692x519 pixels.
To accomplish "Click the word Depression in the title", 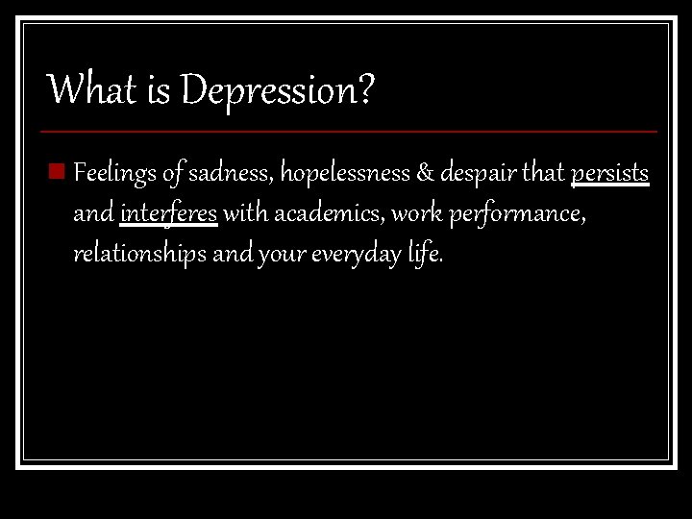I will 268,92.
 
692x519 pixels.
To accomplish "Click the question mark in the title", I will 365,90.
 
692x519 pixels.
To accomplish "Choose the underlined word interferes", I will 169,214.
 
